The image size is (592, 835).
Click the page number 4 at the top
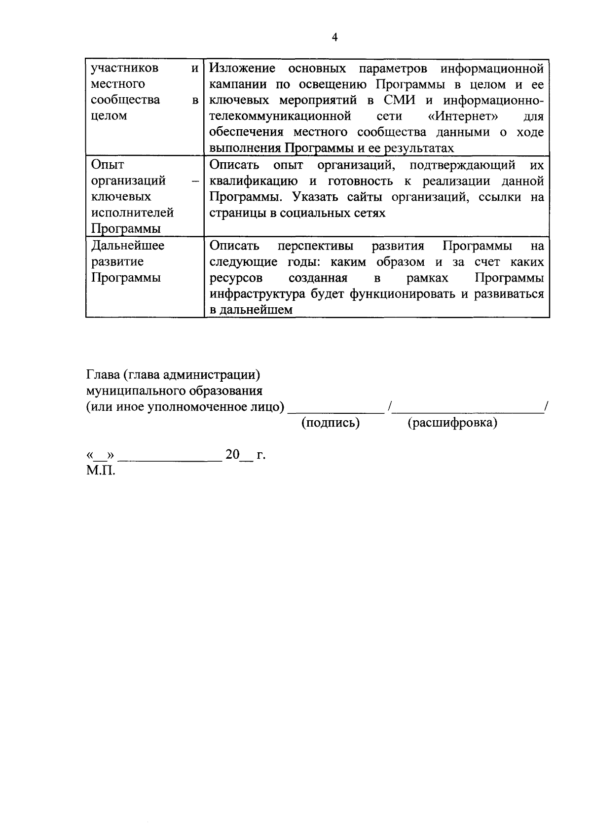pos(335,38)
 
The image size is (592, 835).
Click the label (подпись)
pos(331,423)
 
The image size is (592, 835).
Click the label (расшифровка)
pos(452,423)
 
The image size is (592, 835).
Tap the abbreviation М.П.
pos(101,471)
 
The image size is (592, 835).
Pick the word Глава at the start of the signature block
pos(103,375)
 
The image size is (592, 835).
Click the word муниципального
pos(136,391)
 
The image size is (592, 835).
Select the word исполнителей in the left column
pos(132,213)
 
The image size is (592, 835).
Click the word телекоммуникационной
pos(280,116)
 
